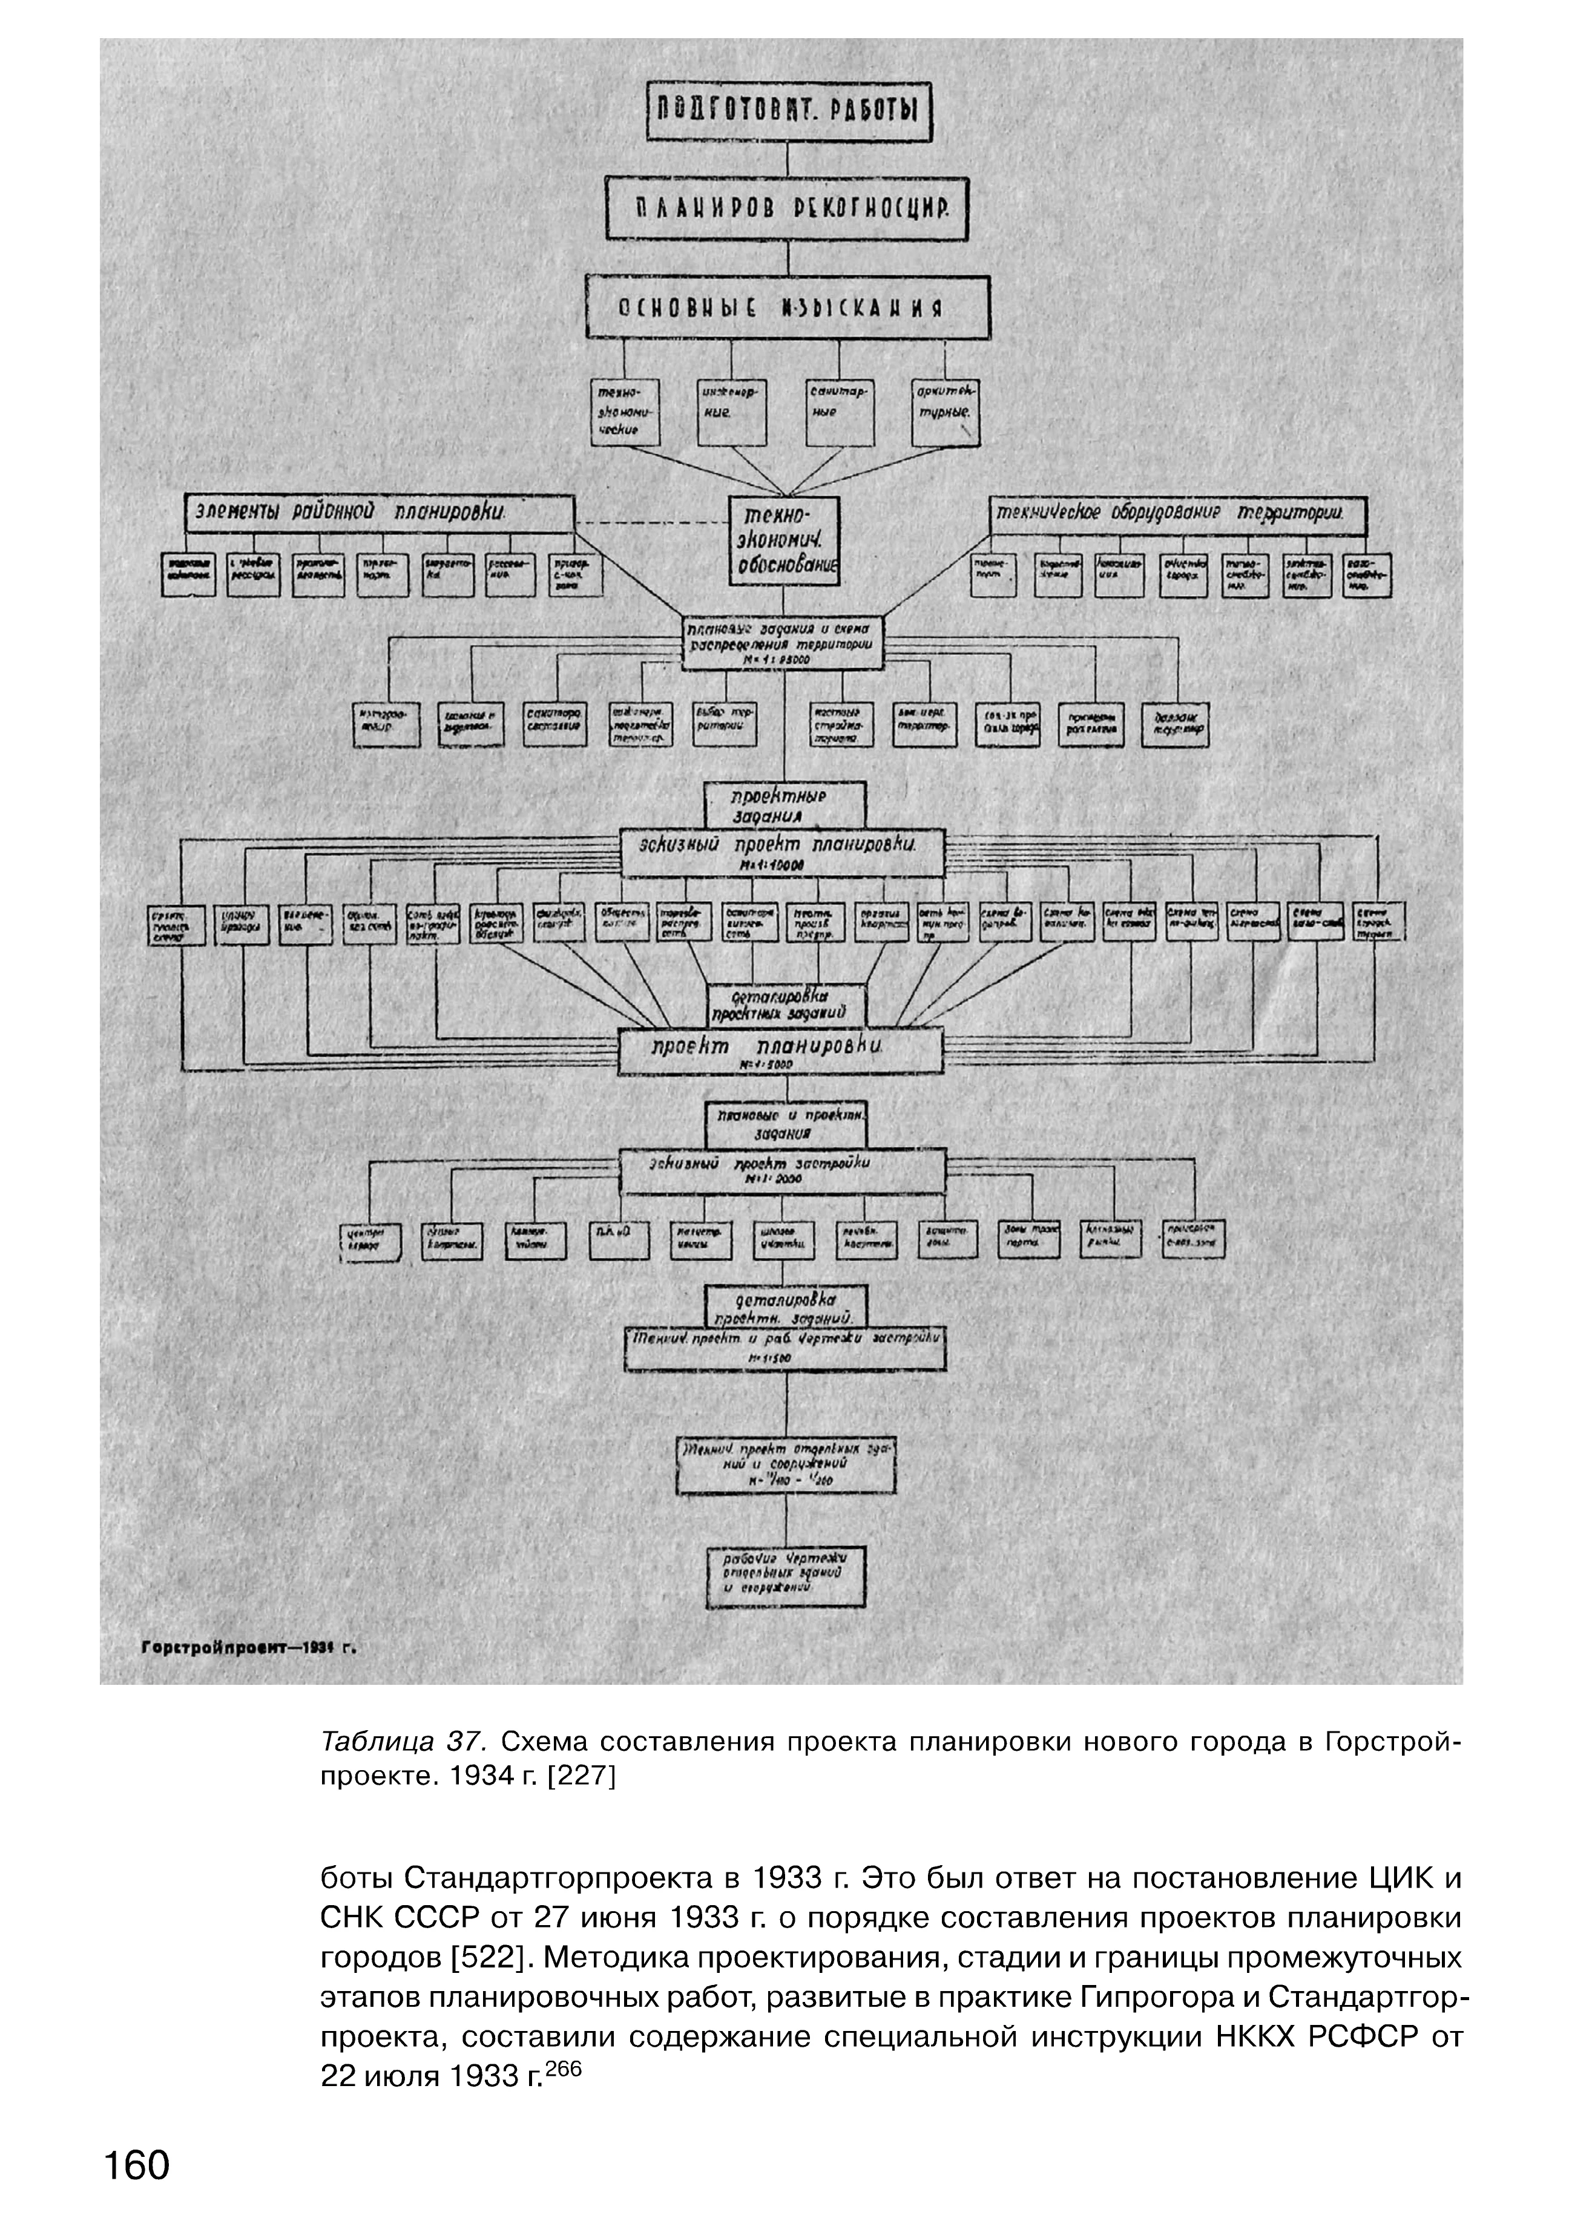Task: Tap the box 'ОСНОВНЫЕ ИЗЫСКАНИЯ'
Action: point(788,307)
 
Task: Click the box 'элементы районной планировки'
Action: point(380,513)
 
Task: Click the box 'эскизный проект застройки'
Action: point(781,1172)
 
